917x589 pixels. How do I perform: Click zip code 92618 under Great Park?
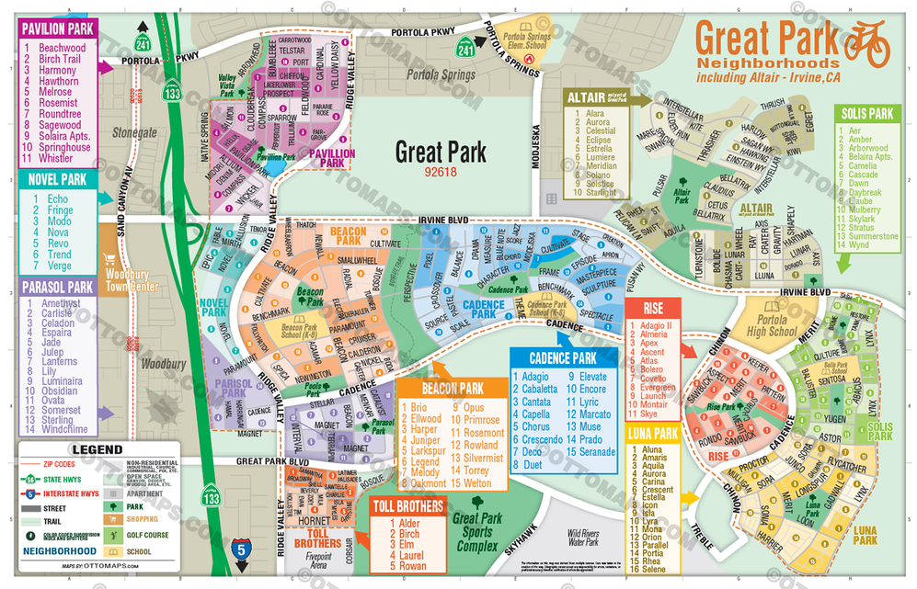click(x=440, y=171)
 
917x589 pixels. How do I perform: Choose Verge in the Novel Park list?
click(x=60, y=266)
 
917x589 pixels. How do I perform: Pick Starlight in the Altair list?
click(x=602, y=193)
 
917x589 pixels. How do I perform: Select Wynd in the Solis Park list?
click(x=857, y=245)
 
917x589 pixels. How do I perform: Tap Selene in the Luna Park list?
click(x=655, y=570)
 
